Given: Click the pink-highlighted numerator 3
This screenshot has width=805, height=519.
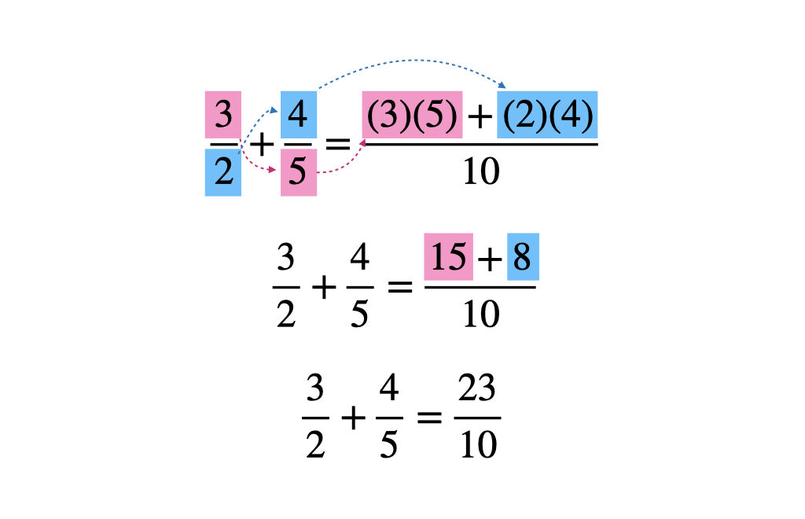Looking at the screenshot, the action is [222, 115].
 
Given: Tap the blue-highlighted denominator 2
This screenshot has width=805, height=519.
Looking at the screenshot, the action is [222, 172].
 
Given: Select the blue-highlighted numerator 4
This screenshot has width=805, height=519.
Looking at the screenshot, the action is [298, 115].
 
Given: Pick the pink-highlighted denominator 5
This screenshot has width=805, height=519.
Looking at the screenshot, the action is [298, 172].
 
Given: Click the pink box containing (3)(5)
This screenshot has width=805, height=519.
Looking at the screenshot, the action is [412, 115].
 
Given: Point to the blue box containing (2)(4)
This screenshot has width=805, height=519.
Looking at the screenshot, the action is [547, 115].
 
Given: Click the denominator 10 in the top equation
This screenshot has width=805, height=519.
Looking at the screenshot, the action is [481, 171].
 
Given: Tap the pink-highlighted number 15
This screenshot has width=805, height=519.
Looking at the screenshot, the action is [448, 256].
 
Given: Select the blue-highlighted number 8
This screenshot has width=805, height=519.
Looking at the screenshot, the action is [523, 256].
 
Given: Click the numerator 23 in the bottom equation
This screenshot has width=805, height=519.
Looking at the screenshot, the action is [477, 388].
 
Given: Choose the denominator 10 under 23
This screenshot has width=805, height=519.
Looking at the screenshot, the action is [478, 444].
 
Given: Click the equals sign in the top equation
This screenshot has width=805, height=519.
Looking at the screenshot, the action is [338, 144].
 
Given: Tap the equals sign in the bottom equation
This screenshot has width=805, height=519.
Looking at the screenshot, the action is [429, 418].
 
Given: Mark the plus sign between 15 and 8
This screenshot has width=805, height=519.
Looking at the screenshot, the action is [490, 258].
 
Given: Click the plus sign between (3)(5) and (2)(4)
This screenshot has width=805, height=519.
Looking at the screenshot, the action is [480, 116].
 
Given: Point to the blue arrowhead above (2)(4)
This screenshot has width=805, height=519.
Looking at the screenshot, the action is [502, 85].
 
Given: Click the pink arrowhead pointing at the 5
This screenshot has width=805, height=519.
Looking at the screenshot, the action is [273, 169].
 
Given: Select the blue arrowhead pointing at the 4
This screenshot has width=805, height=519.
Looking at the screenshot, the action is [274, 110].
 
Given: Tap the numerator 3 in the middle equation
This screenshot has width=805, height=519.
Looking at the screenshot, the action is [285, 256].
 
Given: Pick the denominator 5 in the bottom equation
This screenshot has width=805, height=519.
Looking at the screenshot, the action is [388, 444].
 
